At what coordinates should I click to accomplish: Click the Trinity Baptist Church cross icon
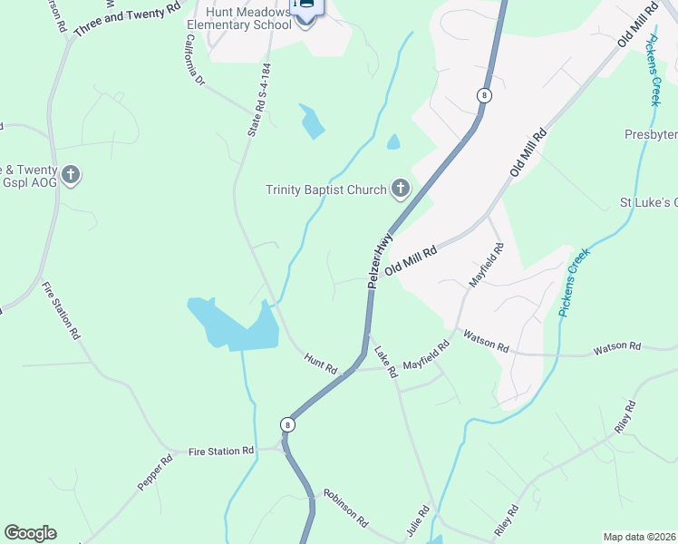pyautogui.click(x=400, y=189)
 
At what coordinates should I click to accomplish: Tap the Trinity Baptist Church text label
pyautogui.click(x=325, y=190)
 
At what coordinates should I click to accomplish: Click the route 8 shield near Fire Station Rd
pyautogui.click(x=287, y=424)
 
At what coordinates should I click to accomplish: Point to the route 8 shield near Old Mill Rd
pyautogui.click(x=485, y=95)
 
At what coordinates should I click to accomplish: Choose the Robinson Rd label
pyautogui.click(x=345, y=510)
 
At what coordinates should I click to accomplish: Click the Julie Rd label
pyautogui.click(x=418, y=521)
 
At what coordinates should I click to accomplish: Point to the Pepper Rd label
pyautogui.click(x=155, y=473)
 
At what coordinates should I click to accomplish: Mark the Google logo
pyautogui.click(x=30, y=533)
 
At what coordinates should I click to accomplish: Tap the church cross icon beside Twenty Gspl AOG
pyautogui.click(x=72, y=174)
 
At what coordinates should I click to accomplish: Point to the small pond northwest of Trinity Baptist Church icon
pyautogui.click(x=312, y=122)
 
